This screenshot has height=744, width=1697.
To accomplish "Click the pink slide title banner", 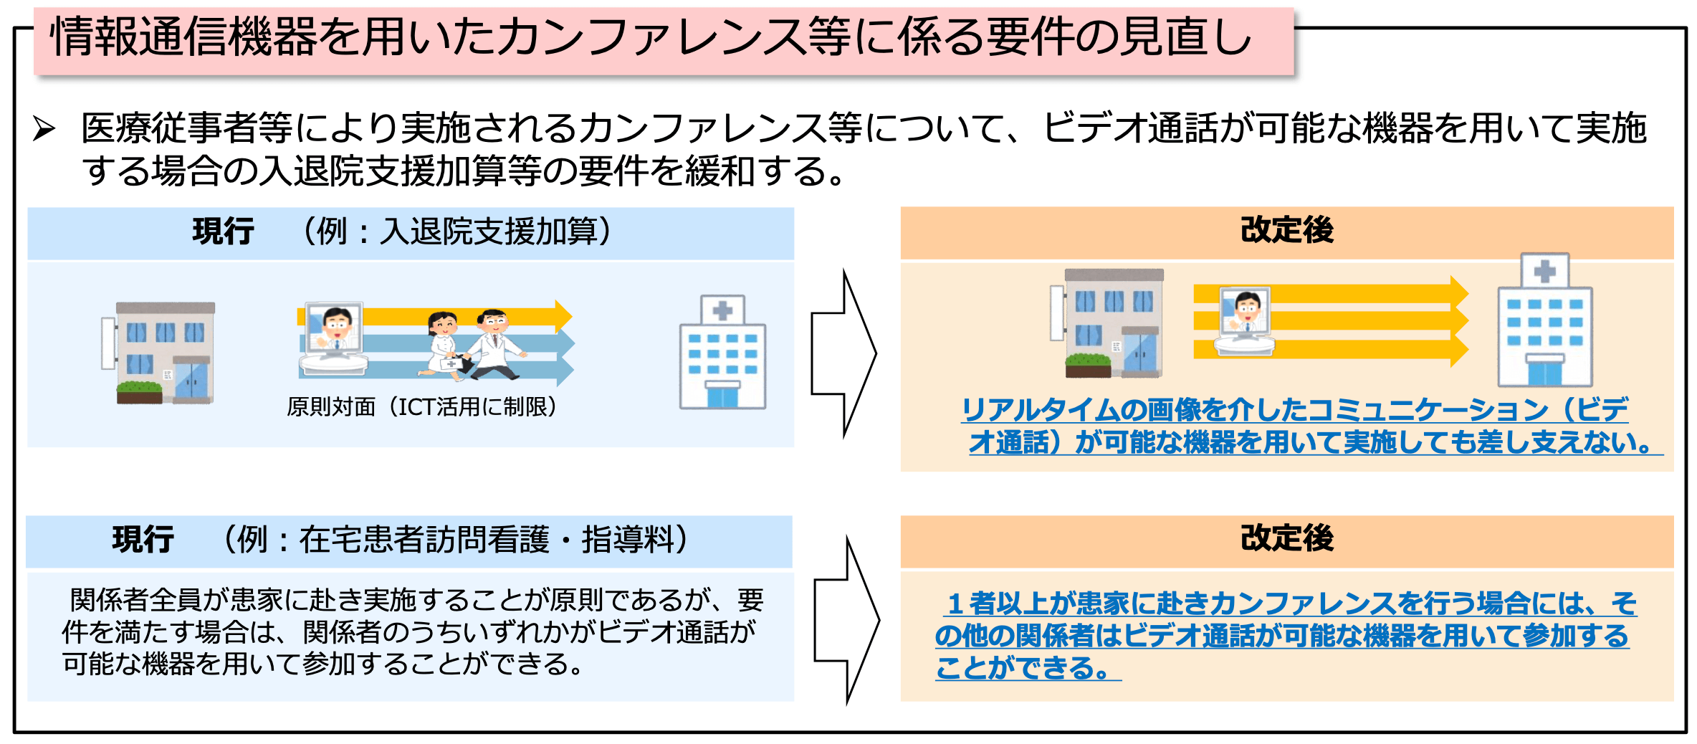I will pos(663,39).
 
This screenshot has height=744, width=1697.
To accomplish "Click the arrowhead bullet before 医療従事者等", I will pos(44,129).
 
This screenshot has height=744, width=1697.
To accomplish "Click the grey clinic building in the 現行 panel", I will pos(161,353).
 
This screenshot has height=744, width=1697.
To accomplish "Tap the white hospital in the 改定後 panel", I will pos(1544,323).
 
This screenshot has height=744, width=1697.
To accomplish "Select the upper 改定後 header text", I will pos(1286,230).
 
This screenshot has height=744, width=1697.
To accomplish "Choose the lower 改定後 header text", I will pos(1286,538).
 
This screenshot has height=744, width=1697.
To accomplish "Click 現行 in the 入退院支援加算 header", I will pos(223,232).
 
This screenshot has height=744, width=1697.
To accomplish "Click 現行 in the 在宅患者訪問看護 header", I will pos(143,540).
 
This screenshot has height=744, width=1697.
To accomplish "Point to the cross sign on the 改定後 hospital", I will pos(1544,271).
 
